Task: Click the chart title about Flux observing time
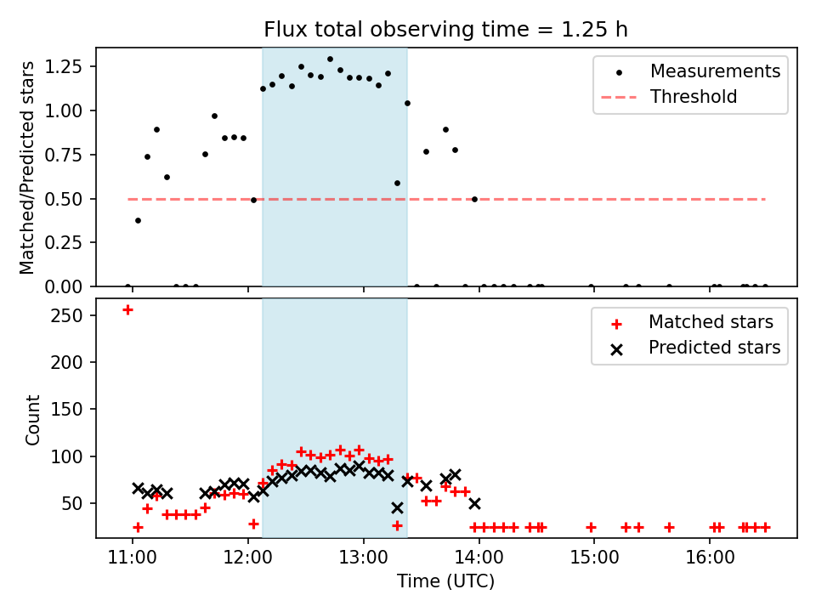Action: pyautogui.click(x=445, y=30)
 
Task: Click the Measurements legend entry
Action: pyautogui.click(x=715, y=71)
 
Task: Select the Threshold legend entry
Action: pyautogui.click(x=693, y=97)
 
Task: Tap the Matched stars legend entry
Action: pyautogui.click(x=711, y=322)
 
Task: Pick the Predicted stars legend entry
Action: pyautogui.click(x=714, y=348)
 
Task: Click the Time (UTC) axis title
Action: pyautogui.click(x=445, y=581)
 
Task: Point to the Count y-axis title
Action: pyautogui.click(x=33, y=420)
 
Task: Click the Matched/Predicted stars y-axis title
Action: pyautogui.click(x=28, y=167)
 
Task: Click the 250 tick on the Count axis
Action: pyautogui.click(x=75, y=315)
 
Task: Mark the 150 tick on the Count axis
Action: pyautogui.click(x=75, y=410)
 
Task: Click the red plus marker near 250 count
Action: pyautogui.click(x=127, y=309)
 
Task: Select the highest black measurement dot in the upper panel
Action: pyautogui.click(x=330, y=59)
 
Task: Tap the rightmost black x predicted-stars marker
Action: pyautogui.click(x=474, y=503)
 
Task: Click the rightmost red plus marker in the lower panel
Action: pyautogui.click(x=765, y=527)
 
